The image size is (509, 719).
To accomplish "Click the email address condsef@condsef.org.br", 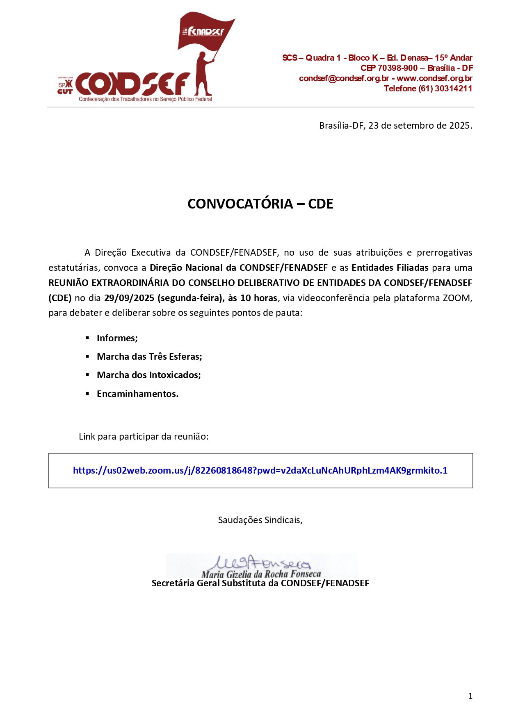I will [x=344, y=78].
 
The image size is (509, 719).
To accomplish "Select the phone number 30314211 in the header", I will [x=453, y=88].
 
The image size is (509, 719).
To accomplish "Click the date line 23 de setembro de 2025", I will [x=395, y=125].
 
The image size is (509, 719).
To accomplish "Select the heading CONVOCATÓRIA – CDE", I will [x=260, y=204].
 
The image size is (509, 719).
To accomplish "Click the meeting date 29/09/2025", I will [x=129, y=298].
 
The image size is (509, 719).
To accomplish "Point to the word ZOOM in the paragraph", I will [x=456, y=298].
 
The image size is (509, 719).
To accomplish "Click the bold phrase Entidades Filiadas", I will [x=390, y=268].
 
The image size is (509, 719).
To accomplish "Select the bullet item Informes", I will [x=117, y=338].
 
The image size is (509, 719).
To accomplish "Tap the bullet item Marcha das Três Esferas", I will [x=149, y=356].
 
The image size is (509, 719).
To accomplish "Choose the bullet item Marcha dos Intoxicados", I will [x=148, y=375].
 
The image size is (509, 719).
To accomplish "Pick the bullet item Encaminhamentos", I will [x=137, y=394].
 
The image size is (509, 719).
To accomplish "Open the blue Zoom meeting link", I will [x=260, y=470].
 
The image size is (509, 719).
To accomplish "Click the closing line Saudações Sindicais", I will [x=260, y=520].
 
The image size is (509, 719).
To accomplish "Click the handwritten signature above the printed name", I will [x=262, y=562].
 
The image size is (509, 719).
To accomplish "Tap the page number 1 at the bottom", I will [x=470, y=696].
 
